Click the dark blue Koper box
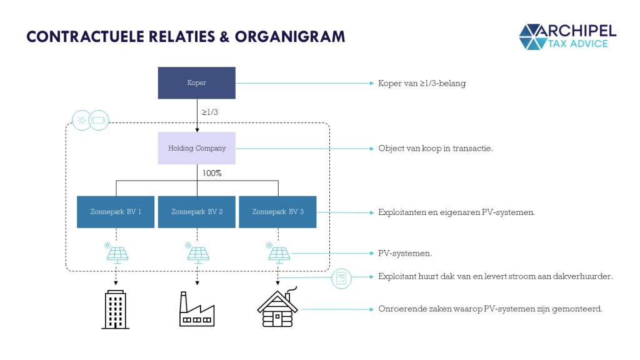pos(197,83)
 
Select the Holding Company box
pos(197,148)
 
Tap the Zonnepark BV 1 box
pos(116,212)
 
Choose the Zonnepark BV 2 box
pos(197,212)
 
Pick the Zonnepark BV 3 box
pos(277,212)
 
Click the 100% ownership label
pos(212,173)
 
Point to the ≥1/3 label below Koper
pos(210,112)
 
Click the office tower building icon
pos(116,309)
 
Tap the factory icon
pos(197,309)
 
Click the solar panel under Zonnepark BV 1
pos(116,253)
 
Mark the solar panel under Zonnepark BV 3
pos(278,253)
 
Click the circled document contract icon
pos(341,279)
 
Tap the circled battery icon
pos(99,121)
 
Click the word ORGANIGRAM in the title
pos(290,37)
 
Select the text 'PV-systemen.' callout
pos(405,254)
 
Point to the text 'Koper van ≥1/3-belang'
pos(422,83)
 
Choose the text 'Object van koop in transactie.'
pos(436,149)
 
